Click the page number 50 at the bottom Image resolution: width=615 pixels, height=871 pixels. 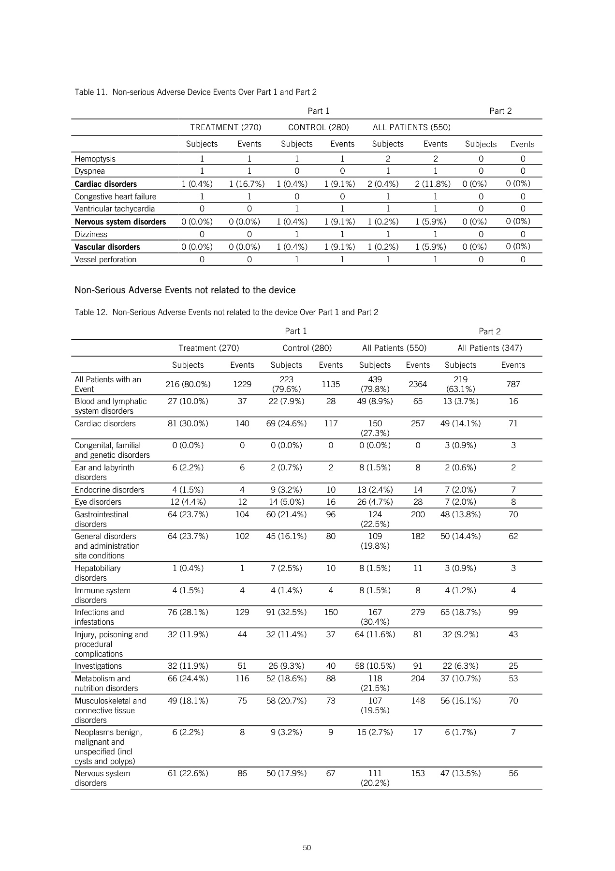307,847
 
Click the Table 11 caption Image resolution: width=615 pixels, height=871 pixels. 195,92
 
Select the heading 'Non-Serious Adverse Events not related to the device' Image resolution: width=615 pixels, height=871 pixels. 185,290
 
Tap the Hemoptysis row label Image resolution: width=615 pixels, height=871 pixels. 95,159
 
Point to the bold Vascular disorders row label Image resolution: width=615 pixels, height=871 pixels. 107,247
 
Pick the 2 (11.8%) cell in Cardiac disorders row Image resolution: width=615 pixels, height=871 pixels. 435,184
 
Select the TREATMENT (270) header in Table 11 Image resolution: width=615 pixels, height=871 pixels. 225,127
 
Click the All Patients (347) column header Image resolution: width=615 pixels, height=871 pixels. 489,348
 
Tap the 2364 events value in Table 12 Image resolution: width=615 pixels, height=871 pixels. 418,384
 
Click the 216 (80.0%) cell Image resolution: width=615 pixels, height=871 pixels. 188,384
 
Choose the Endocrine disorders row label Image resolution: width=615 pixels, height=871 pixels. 109,490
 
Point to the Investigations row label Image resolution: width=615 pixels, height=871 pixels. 98,666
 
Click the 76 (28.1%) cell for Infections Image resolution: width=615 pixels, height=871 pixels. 188,612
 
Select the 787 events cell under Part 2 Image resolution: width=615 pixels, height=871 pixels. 513,384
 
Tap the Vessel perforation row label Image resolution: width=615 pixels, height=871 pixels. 105,259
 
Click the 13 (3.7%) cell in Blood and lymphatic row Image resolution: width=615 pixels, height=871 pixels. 460,401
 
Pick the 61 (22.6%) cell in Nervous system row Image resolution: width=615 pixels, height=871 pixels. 188,773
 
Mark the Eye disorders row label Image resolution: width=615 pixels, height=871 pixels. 98,502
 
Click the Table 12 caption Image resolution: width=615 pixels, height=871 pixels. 226,312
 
